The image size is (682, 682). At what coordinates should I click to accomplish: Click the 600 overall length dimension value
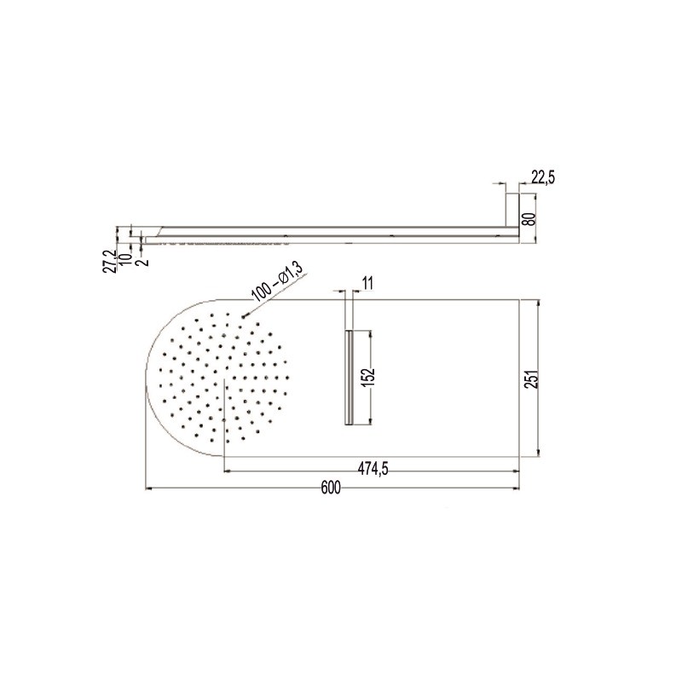tap(331, 488)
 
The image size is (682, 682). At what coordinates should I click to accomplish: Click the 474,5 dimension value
tap(373, 469)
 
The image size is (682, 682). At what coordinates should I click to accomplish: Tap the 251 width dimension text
tap(534, 379)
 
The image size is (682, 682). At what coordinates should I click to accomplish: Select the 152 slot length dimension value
tap(368, 377)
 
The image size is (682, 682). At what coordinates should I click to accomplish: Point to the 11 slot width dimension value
tap(367, 284)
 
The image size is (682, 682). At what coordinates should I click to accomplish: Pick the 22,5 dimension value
tap(543, 177)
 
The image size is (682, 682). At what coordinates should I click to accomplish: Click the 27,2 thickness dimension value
tap(111, 261)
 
